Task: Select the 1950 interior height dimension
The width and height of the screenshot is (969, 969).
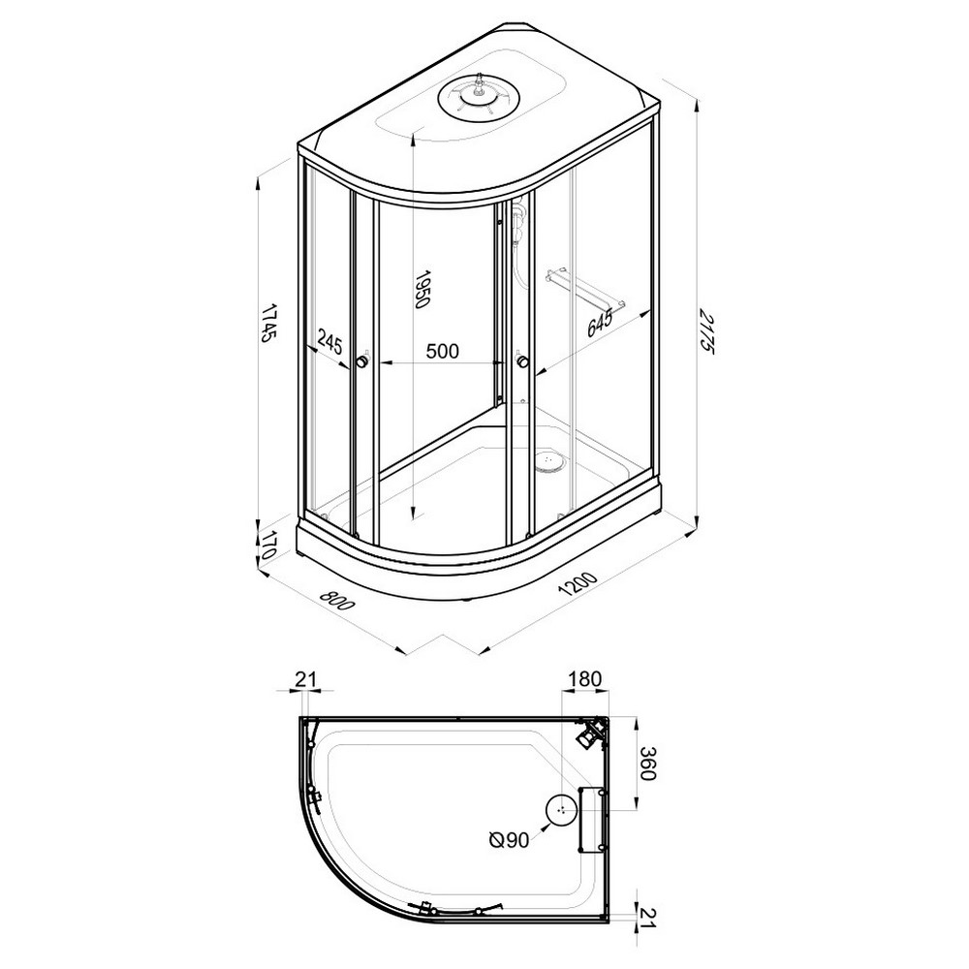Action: click(422, 289)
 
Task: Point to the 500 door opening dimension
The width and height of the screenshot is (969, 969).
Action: click(443, 351)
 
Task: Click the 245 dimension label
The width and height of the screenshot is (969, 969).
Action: click(329, 340)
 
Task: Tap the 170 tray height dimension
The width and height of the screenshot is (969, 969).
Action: click(267, 546)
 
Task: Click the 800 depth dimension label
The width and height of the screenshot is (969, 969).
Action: click(337, 600)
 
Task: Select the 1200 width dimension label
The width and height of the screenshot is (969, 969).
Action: click(578, 583)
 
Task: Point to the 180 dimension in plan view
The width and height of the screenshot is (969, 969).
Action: click(584, 678)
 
